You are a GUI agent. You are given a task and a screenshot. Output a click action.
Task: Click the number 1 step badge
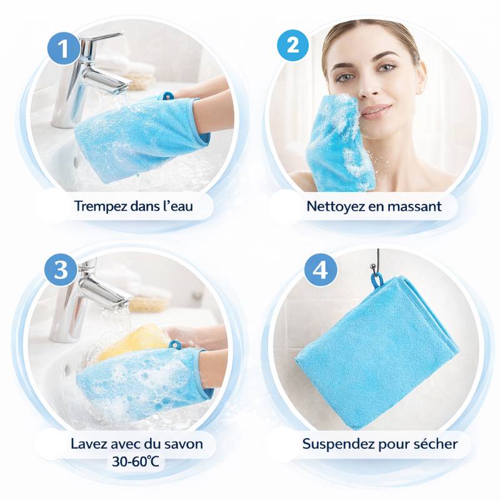[x=64, y=49]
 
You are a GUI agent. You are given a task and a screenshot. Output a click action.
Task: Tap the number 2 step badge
[x=292, y=45]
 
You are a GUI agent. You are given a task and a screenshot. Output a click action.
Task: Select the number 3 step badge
[x=61, y=269]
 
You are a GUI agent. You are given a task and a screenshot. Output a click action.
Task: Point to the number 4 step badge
[x=321, y=271]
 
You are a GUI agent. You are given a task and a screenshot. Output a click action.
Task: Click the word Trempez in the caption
[x=101, y=206]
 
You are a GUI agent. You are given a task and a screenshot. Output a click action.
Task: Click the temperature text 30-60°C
[x=135, y=461]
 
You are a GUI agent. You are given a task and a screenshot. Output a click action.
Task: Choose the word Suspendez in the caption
[x=338, y=444]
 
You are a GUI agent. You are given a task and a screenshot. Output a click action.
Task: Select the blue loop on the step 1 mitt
[x=167, y=96]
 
